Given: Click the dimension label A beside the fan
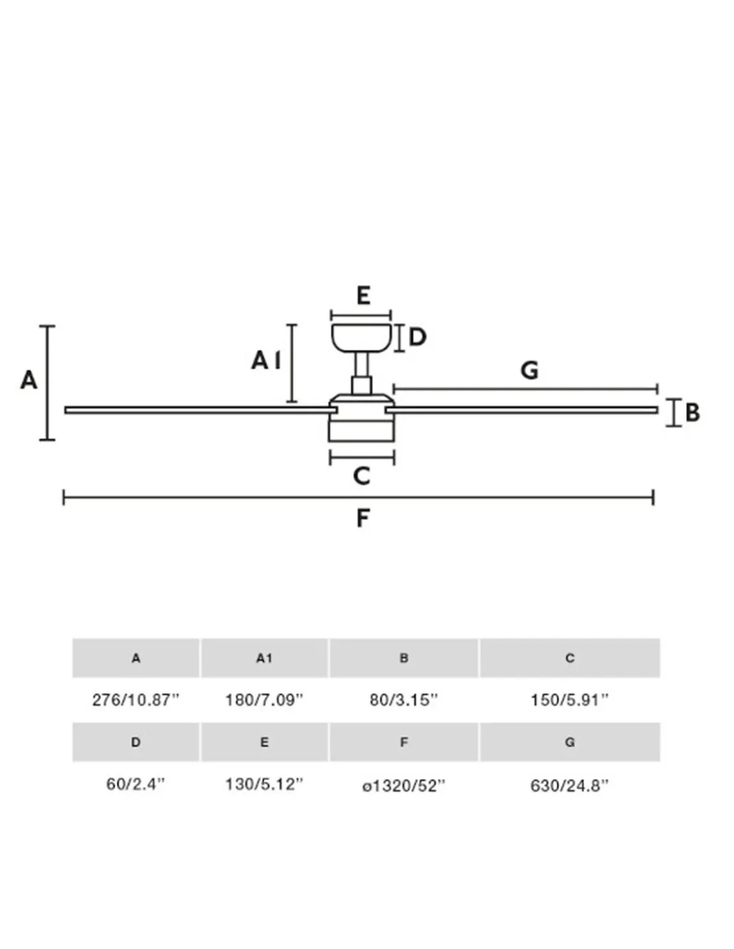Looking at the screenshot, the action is [x=29, y=380].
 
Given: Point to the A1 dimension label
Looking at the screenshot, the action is [x=266, y=361].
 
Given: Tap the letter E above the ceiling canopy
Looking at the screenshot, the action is [x=364, y=296].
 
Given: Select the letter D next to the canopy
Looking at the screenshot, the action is [x=417, y=337].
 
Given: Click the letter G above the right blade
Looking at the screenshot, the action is [x=530, y=370].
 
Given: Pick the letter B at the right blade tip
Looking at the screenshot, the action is [x=692, y=412].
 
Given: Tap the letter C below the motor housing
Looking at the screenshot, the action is [x=362, y=476].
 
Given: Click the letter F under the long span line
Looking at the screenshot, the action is [x=363, y=518].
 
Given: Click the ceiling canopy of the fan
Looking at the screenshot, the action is [x=361, y=337].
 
